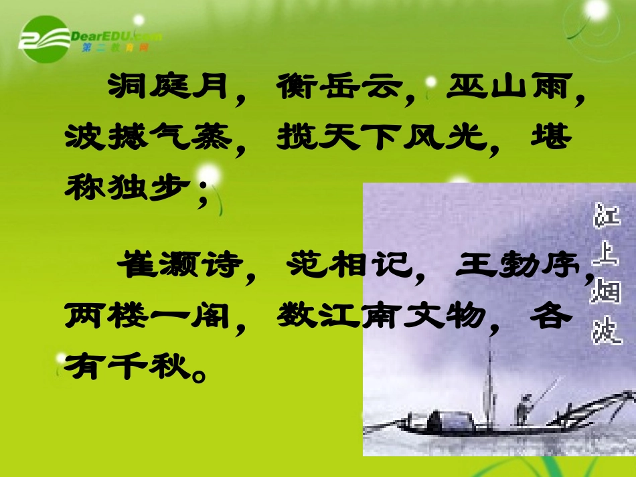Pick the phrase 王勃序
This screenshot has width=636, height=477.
click(x=515, y=266)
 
